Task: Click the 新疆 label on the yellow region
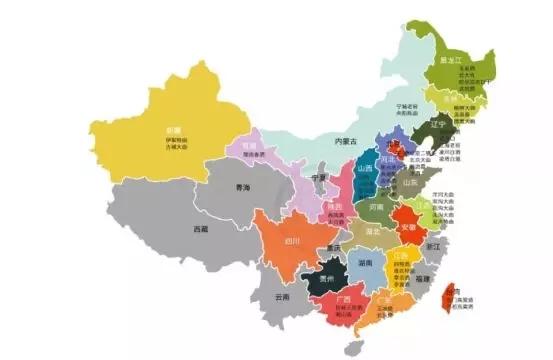[x=173, y=130]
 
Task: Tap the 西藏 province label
[x=201, y=229]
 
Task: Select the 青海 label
[x=240, y=187]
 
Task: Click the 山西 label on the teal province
[x=364, y=169]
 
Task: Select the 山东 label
[x=409, y=183]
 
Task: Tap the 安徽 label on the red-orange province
[x=408, y=226]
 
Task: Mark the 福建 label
[x=423, y=278]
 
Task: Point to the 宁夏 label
[x=319, y=177]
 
